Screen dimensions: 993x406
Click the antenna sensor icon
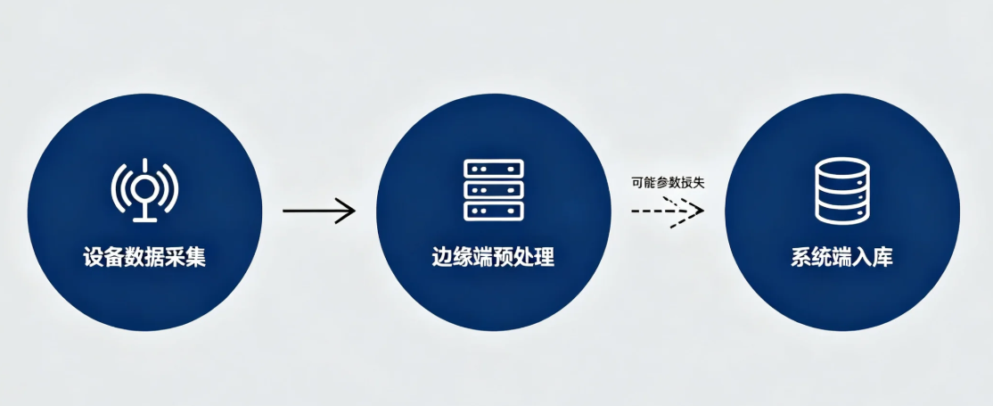pyautogui.click(x=144, y=190)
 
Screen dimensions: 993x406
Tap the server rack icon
pyautogui.click(x=494, y=190)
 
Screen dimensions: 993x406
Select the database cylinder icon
pyautogui.click(x=842, y=190)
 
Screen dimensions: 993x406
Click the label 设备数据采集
pyautogui.click(x=144, y=258)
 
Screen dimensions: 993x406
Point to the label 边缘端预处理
pyautogui.click(x=493, y=258)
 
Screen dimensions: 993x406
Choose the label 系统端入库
pyautogui.click(x=842, y=258)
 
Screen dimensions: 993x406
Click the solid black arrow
pyautogui.click(x=319, y=211)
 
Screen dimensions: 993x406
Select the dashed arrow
pyautogui.click(x=669, y=211)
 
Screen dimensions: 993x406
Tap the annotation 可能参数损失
pyautogui.click(x=669, y=183)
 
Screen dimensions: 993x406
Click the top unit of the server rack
pyautogui.click(x=494, y=168)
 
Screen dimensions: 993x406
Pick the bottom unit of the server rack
pyautogui.click(x=494, y=211)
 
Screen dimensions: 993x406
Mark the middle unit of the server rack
pyautogui.click(x=494, y=190)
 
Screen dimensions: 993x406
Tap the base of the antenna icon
pyautogui.click(x=145, y=220)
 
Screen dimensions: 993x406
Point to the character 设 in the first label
pyautogui.click(x=93, y=258)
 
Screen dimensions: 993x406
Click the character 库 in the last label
pyautogui.click(x=883, y=258)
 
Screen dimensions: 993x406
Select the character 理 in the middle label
pyautogui.click(x=546, y=258)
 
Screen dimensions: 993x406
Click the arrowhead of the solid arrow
pyautogui.click(x=347, y=211)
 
